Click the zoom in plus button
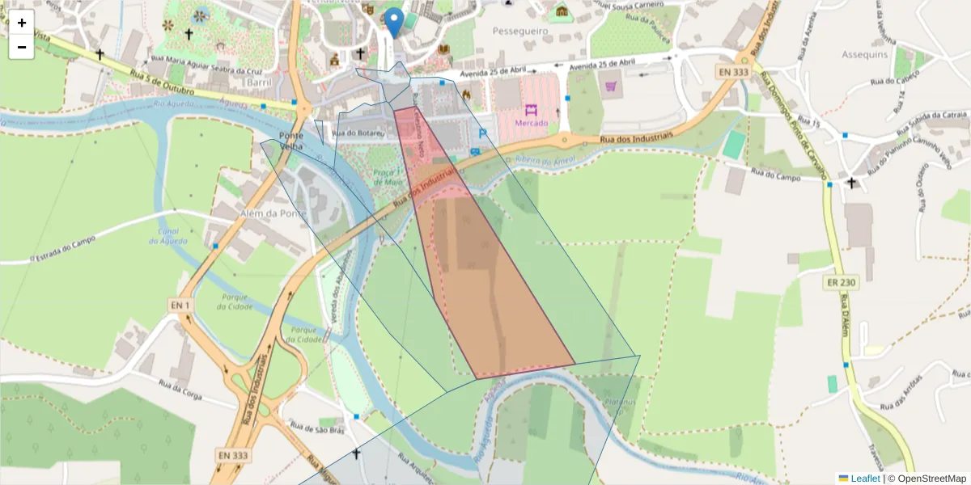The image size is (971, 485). click(x=22, y=23)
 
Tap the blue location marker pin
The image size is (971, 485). click(x=394, y=23)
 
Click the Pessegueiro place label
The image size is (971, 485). click(x=521, y=31)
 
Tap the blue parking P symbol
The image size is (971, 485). click(x=483, y=133)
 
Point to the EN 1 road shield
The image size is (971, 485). click(x=180, y=304)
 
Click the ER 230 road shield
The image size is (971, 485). click(x=842, y=283)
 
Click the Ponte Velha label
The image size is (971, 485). click(x=290, y=141)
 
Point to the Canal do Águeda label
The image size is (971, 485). click(x=168, y=235)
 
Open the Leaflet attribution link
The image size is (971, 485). click(x=865, y=479)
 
